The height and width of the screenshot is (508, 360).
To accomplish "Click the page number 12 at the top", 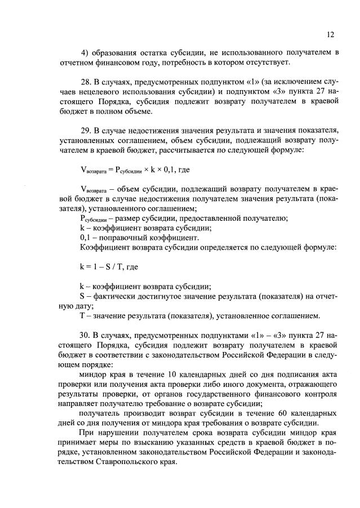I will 330,34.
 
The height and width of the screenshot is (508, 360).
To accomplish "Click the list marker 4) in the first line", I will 85,52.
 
